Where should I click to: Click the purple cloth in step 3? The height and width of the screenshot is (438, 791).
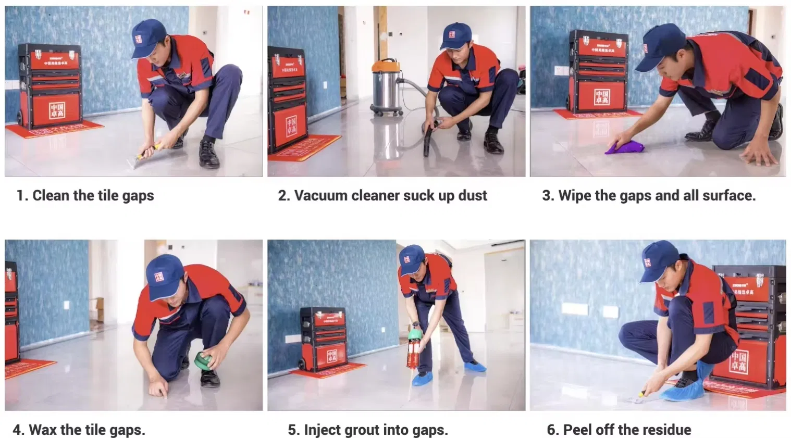click(x=624, y=147)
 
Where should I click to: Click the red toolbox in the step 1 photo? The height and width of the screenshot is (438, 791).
click(x=50, y=86)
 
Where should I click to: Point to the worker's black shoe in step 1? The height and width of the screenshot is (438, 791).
click(x=209, y=154)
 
